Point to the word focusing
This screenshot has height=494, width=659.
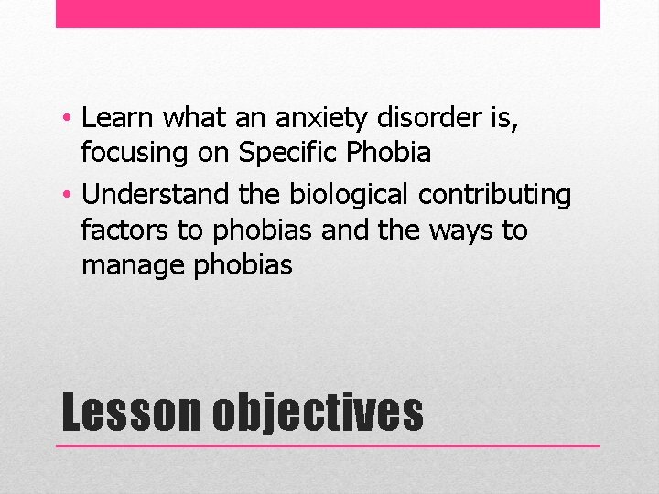click(136, 154)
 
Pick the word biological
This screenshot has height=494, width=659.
click(351, 195)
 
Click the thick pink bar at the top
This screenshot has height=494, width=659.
click(328, 14)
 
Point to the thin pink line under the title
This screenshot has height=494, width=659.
click(328, 446)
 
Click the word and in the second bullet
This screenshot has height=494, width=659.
click(346, 230)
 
